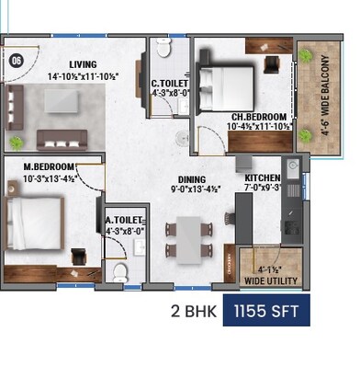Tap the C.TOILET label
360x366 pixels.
pos(171,82)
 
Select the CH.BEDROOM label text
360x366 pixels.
pos(260,117)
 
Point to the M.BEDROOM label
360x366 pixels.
pos(50,166)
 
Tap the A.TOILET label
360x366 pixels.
pos(124,221)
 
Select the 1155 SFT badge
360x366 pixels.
pos(273,312)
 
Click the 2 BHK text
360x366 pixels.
pos(193,312)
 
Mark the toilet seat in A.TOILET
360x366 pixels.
pos(119,272)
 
